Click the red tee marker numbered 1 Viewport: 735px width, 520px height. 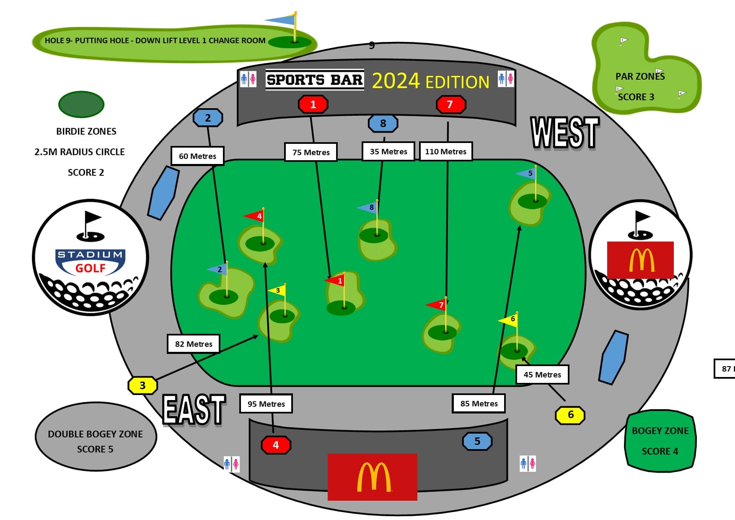pos(313,104)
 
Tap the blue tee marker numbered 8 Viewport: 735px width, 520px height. pos(383,123)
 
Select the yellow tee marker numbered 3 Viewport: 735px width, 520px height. pos(142,385)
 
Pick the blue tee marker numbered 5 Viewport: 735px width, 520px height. pos(477,441)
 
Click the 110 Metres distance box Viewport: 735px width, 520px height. pos(445,151)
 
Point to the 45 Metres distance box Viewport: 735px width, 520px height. pos(542,374)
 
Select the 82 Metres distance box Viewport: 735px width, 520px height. pos(194,344)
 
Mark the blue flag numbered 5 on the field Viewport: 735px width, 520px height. pos(527,173)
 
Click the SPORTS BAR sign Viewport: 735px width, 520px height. pos(314,80)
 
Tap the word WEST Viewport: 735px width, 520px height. pos(564,133)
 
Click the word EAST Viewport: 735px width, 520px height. pos(194,410)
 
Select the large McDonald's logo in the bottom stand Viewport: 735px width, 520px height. pos(372,477)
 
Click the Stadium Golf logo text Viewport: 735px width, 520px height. pos(90,262)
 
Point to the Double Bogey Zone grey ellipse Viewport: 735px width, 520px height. pos(96,437)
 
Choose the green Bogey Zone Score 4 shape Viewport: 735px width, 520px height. pos(660,441)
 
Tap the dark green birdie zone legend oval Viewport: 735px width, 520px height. pos(81,104)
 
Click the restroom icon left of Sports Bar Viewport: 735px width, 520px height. pos(248,79)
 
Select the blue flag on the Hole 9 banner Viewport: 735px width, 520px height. pos(281,20)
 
